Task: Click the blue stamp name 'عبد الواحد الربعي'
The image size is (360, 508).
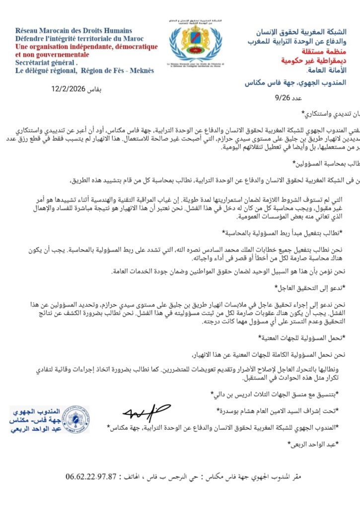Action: click(35, 428)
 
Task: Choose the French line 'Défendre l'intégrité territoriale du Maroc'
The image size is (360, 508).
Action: click(75, 39)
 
